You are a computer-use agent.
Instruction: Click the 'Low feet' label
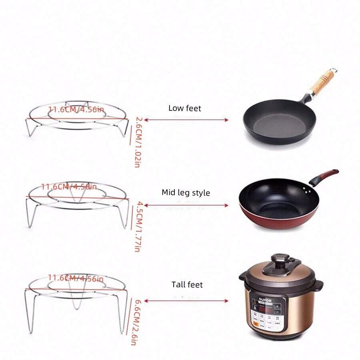pos(184,108)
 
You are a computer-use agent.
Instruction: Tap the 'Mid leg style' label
pos(186,192)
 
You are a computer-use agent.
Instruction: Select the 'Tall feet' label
pos(187,285)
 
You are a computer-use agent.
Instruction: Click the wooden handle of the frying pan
pos(322,82)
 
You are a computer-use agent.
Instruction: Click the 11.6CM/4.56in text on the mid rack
pos(69,186)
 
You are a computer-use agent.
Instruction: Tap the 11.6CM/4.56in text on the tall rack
pos(76,278)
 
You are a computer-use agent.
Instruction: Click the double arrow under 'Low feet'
pos(186,120)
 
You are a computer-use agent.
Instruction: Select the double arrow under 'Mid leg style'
pos(186,205)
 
